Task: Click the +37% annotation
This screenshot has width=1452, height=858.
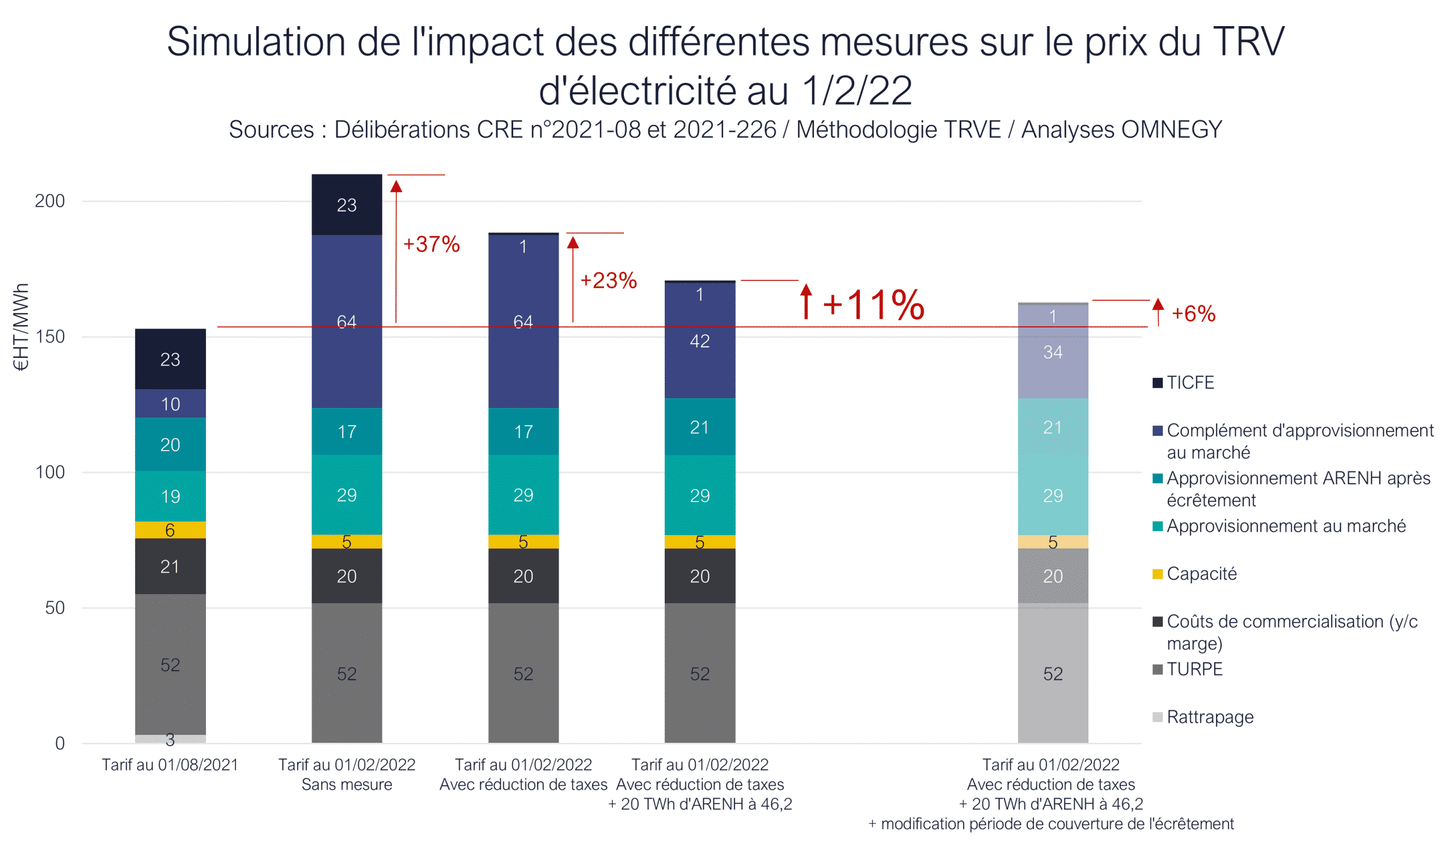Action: pyautogui.click(x=431, y=244)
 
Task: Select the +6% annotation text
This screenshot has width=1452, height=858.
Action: pyautogui.click(x=1193, y=314)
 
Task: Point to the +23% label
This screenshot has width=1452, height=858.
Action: pyautogui.click(x=608, y=280)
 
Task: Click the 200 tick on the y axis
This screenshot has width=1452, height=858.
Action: pyautogui.click(x=50, y=201)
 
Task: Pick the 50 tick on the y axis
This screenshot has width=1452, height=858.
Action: pyautogui.click(x=55, y=608)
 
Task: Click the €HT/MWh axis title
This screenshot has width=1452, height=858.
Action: pyautogui.click(x=21, y=327)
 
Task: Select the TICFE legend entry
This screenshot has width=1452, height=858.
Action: pyautogui.click(x=1190, y=382)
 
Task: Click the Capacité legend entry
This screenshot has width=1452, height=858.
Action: pyautogui.click(x=1201, y=574)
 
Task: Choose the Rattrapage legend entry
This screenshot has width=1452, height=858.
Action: pyautogui.click(x=1210, y=717)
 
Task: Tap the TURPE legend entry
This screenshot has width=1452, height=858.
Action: pyautogui.click(x=1194, y=670)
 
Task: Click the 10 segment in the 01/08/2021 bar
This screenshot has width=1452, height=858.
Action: pyautogui.click(x=171, y=404)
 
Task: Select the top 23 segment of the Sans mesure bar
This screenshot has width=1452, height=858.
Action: pyautogui.click(x=347, y=205)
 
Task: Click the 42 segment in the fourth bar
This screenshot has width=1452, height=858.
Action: pyautogui.click(x=700, y=341)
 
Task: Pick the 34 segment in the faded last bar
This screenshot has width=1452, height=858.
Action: pyautogui.click(x=1053, y=352)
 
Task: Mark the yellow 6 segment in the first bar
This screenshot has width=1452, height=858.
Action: pyautogui.click(x=171, y=530)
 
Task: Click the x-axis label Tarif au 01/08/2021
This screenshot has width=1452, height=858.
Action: pyautogui.click(x=171, y=765)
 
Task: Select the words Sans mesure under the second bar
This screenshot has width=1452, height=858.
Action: pyautogui.click(x=347, y=785)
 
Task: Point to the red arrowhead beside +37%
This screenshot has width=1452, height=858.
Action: pyautogui.click(x=396, y=186)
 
